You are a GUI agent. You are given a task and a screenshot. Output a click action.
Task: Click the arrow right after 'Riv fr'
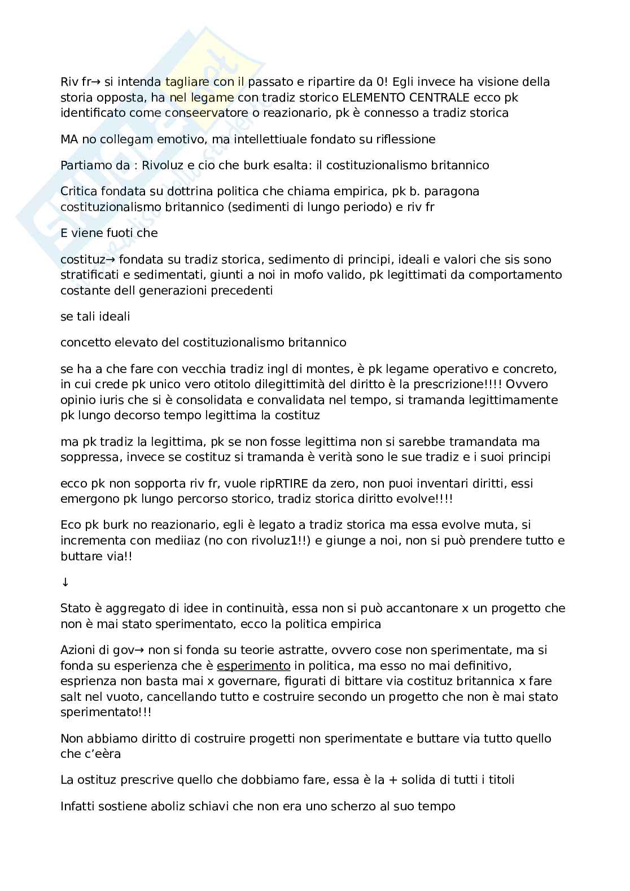(97, 82)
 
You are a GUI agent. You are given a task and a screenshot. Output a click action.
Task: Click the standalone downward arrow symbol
(65, 582)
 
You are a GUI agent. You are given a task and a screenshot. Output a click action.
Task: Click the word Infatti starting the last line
(78, 806)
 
